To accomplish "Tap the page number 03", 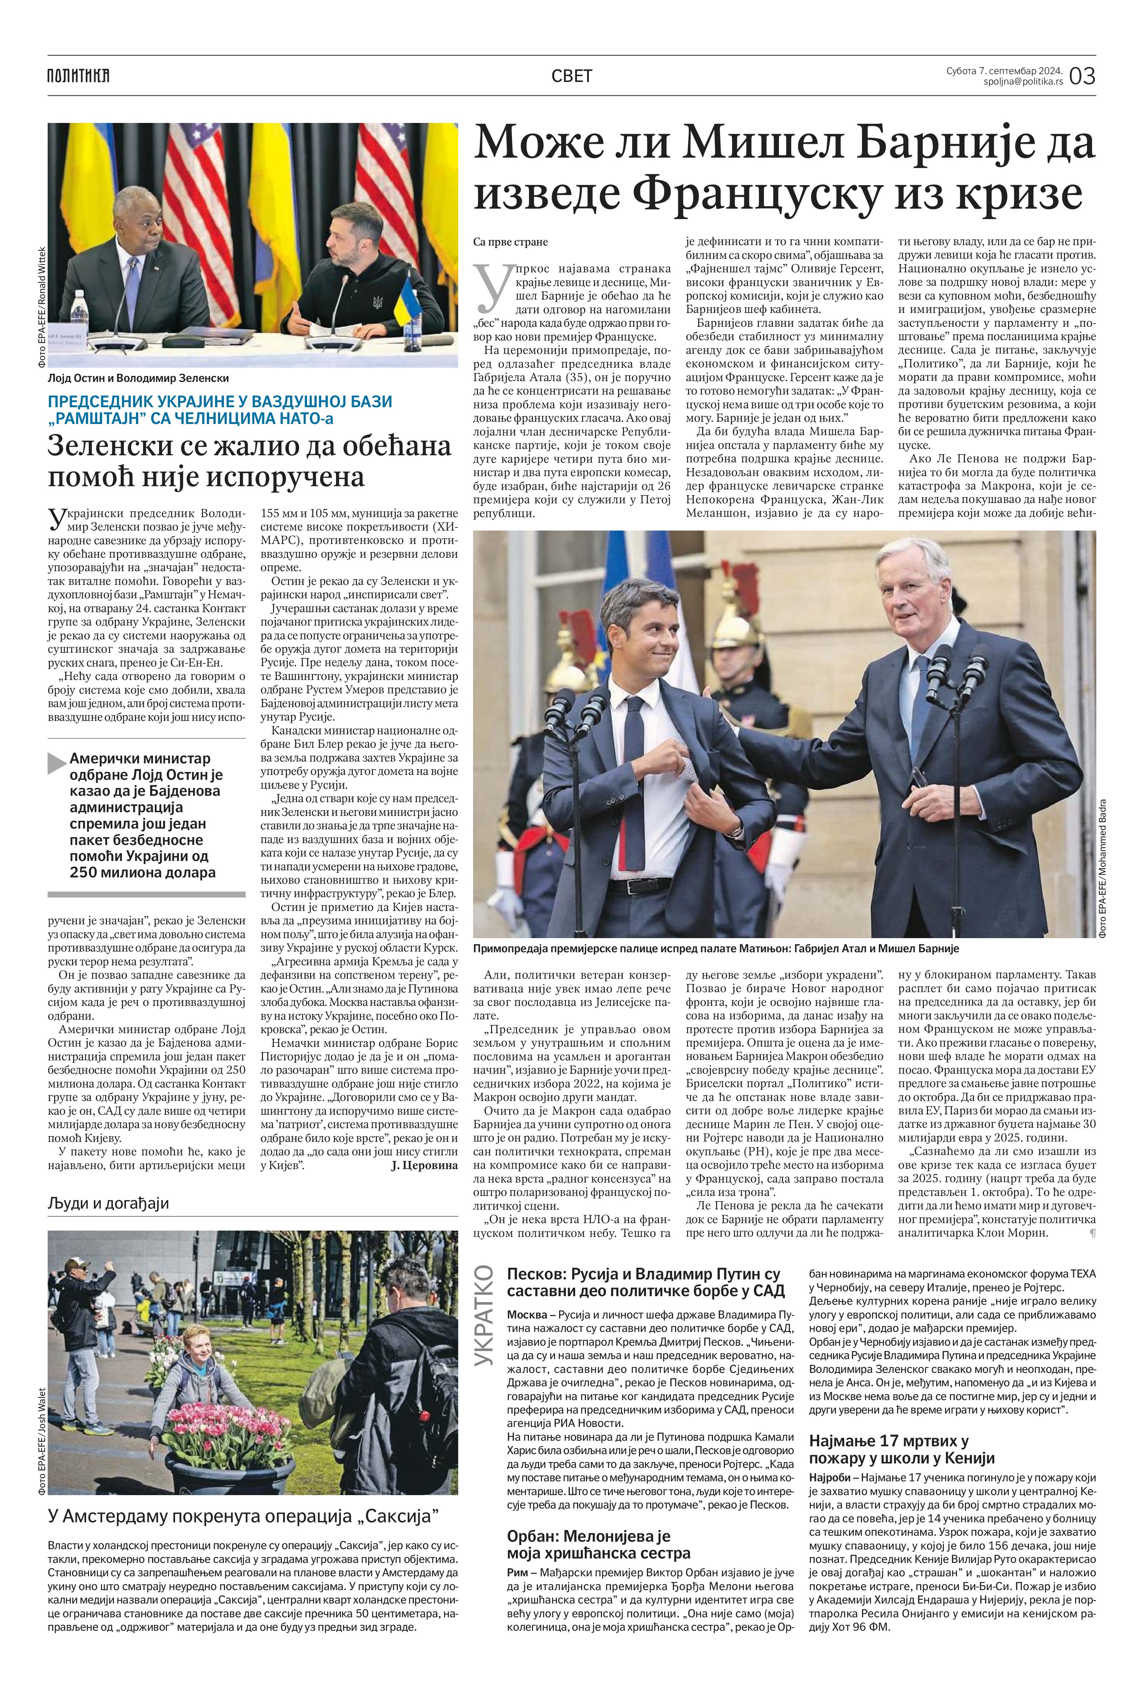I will click(1081, 76).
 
